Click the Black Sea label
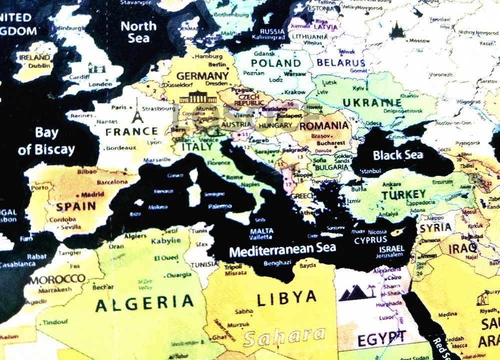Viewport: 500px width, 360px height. (x=398, y=155)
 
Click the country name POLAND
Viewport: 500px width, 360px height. (x=275, y=63)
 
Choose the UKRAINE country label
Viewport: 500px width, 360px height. (x=371, y=103)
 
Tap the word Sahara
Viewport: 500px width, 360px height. (x=284, y=337)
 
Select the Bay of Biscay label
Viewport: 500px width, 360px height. (x=46, y=141)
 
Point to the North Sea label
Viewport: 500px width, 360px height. (x=138, y=31)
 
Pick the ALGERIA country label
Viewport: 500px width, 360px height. (x=144, y=302)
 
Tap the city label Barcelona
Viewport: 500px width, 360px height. (x=112, y=182)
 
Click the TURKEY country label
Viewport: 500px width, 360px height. (x=403, y=194)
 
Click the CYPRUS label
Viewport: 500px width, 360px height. (x=370, y=240)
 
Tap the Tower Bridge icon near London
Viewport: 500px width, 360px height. (x=96, y=68)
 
